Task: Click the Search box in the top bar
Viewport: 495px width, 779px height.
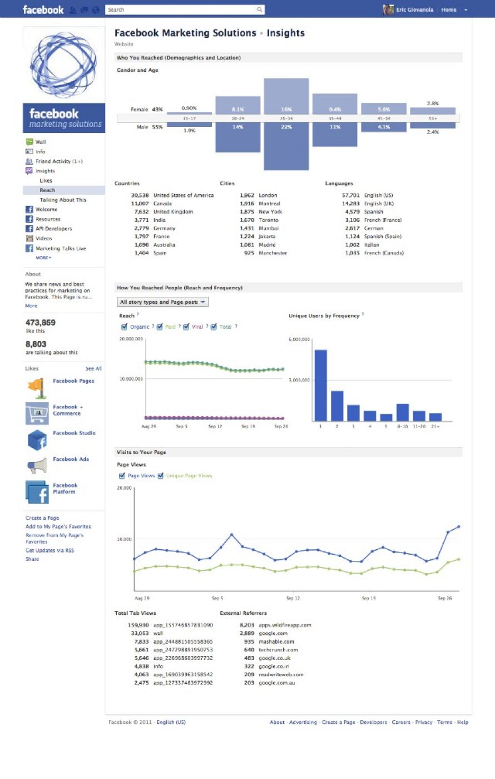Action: pyautogui.click(x=181, y=9)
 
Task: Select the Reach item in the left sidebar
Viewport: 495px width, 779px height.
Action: pyautogui.click(x=47, y=190)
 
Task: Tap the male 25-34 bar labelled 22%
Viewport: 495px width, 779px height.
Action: pyautogui.click(x=286, y=147)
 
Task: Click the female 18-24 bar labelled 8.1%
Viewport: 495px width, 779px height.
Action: pyautogui.click(x=237, y=105)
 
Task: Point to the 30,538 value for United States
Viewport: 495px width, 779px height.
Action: pyautogui.click(x=140, y=195)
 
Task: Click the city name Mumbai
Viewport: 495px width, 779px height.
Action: pyautogui.click(x=269, y=228)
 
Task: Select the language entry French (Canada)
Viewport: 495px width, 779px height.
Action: pyautogui.click(x=384, y=253)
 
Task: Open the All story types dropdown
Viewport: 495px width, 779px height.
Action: pyautogui.click(x=162, y=302)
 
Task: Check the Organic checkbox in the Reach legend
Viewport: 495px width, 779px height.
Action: pyautogui.click(x=124, y=327)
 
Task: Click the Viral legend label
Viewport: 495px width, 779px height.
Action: pyautogui.click(x=197, y=327)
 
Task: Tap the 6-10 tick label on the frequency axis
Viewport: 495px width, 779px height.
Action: pyautogui.click(x=402, y=426)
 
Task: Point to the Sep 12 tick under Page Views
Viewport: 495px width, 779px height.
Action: pyautogui.click(x=293, y=598)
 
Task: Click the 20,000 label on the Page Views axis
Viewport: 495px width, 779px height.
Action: pyautogui.click(x=124, y=488)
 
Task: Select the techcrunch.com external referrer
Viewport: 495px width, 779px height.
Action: pyautogui.click(x=278, y=650)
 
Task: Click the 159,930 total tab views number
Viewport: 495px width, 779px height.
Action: pyautogui.click(x=138, y=625)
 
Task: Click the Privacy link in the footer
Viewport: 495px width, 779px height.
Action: pyautogui.click(x=423, y=722)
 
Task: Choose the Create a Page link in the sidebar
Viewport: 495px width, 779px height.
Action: pyautogui.click(x=42, y=518)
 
